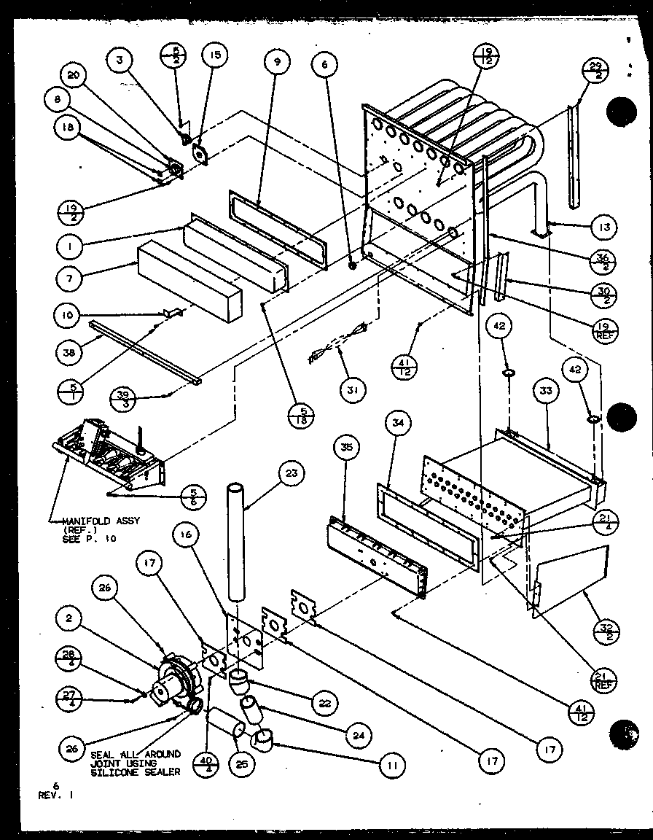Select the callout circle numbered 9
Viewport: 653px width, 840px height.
pyautogui.click(x=277, y=63)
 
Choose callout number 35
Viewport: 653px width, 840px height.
pyautogui.click(x=347, y=446)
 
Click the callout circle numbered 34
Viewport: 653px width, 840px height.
pyautogui.click(x=401, y=423)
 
